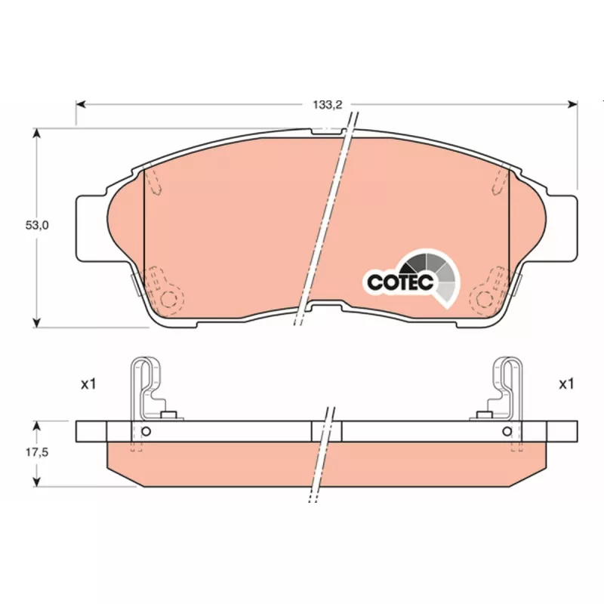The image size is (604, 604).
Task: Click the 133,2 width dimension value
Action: click(x=328, y=104)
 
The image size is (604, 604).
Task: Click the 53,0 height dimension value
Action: click(x=37, y=225)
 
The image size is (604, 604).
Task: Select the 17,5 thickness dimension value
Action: click(x=37, y=452)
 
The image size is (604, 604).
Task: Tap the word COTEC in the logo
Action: click(x=400, y=282)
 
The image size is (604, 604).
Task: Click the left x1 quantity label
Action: click(x=88, y=384)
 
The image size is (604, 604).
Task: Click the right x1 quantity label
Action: click(x=566, y=384)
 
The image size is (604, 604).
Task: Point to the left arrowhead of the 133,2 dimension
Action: click(x=81, y=104)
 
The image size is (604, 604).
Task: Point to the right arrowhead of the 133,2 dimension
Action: click(x=573, y=104)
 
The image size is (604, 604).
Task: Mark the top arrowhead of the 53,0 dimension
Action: click(x=36, y=134)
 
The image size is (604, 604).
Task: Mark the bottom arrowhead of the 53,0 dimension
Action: click(x=36, y=323)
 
